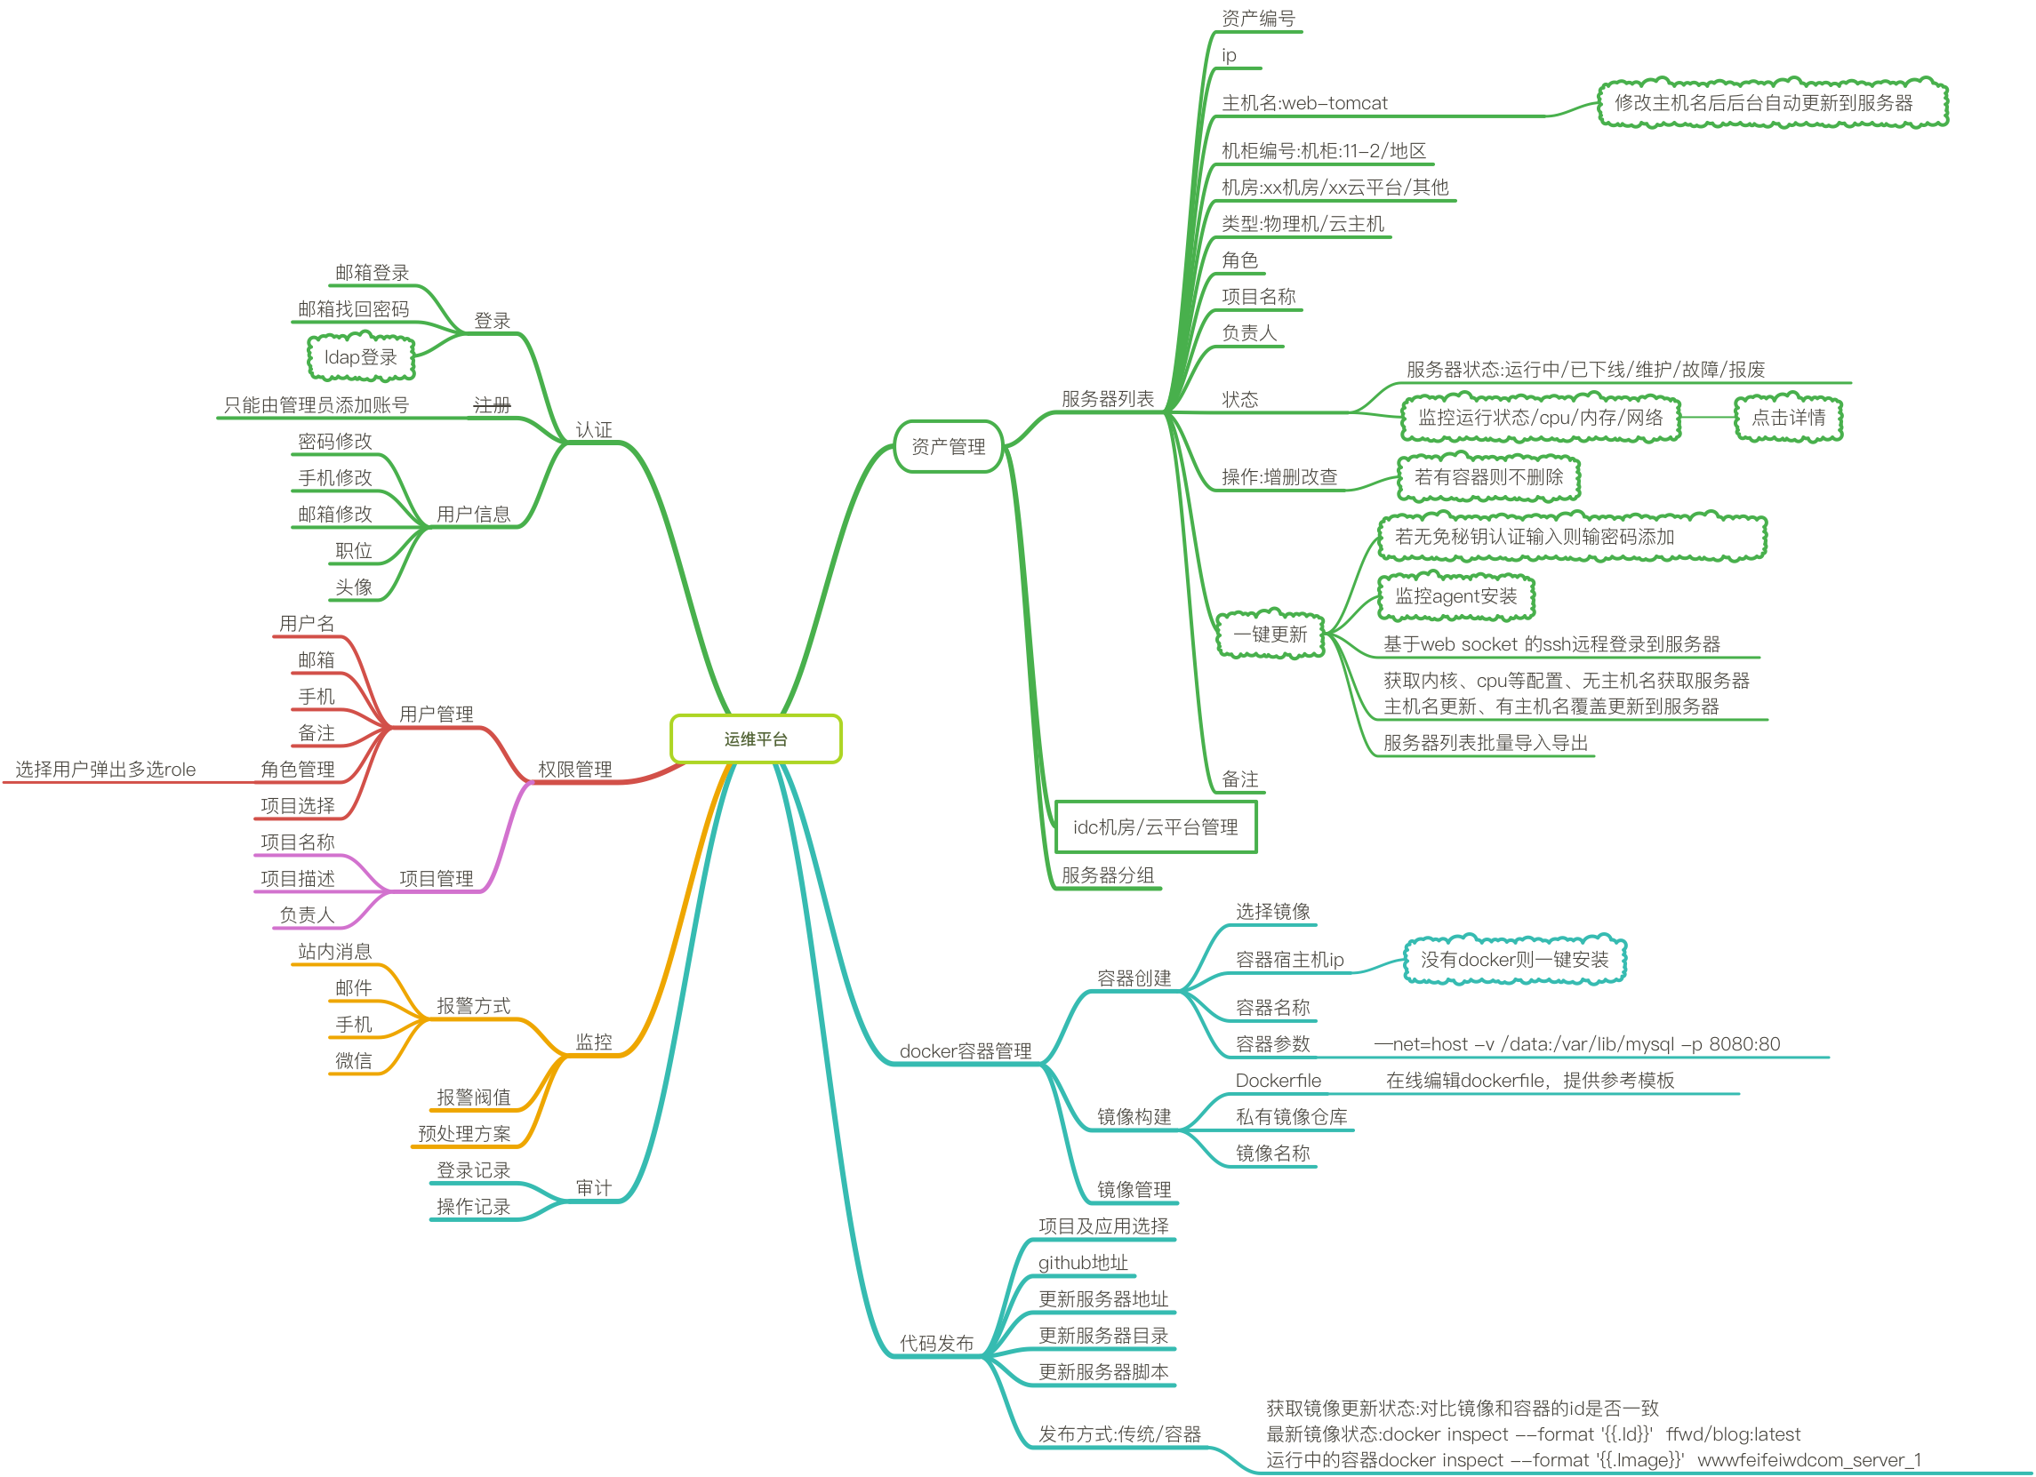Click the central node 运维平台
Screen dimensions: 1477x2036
[755, 739]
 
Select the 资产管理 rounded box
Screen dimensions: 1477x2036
[948, 447]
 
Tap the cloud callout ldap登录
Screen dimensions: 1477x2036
[360, 357]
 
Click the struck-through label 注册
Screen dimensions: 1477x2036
[492, 405]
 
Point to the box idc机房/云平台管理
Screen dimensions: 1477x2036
[1154, 827]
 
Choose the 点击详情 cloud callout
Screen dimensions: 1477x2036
[1788, 418]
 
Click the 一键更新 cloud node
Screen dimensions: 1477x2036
[1270, 635]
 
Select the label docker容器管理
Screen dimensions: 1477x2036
[965, 1050]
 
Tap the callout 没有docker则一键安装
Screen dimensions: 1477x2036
[1514, 959]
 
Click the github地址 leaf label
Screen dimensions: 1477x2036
[1083, 1263]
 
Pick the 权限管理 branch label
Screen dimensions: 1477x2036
[574, 769]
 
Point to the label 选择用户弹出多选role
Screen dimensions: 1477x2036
[105, 769]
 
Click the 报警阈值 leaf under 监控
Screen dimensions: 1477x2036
[473, 1097]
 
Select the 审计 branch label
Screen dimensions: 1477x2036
[593, 1188]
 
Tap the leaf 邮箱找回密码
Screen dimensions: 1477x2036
[353, 309]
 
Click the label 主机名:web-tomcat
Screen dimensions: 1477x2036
[1303, 103]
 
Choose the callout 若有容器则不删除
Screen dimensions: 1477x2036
[1488, 477]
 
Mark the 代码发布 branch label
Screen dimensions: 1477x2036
[936, 1344]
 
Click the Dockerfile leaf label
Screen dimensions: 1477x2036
[1278, 1081]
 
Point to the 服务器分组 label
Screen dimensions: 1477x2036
[1108, 874]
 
